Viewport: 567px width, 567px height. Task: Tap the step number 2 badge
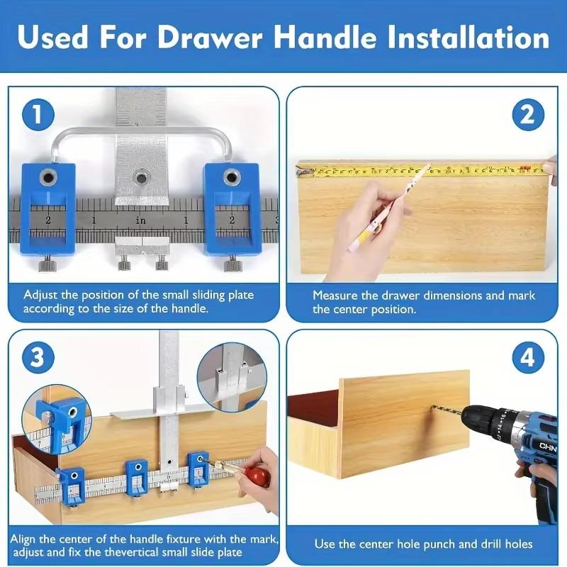tap(527, 116)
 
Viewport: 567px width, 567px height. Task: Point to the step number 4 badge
tap(527, 357)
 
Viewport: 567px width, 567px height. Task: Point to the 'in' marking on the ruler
tap(140, 220)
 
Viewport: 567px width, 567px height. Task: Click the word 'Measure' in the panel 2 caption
tap(335, 295)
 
